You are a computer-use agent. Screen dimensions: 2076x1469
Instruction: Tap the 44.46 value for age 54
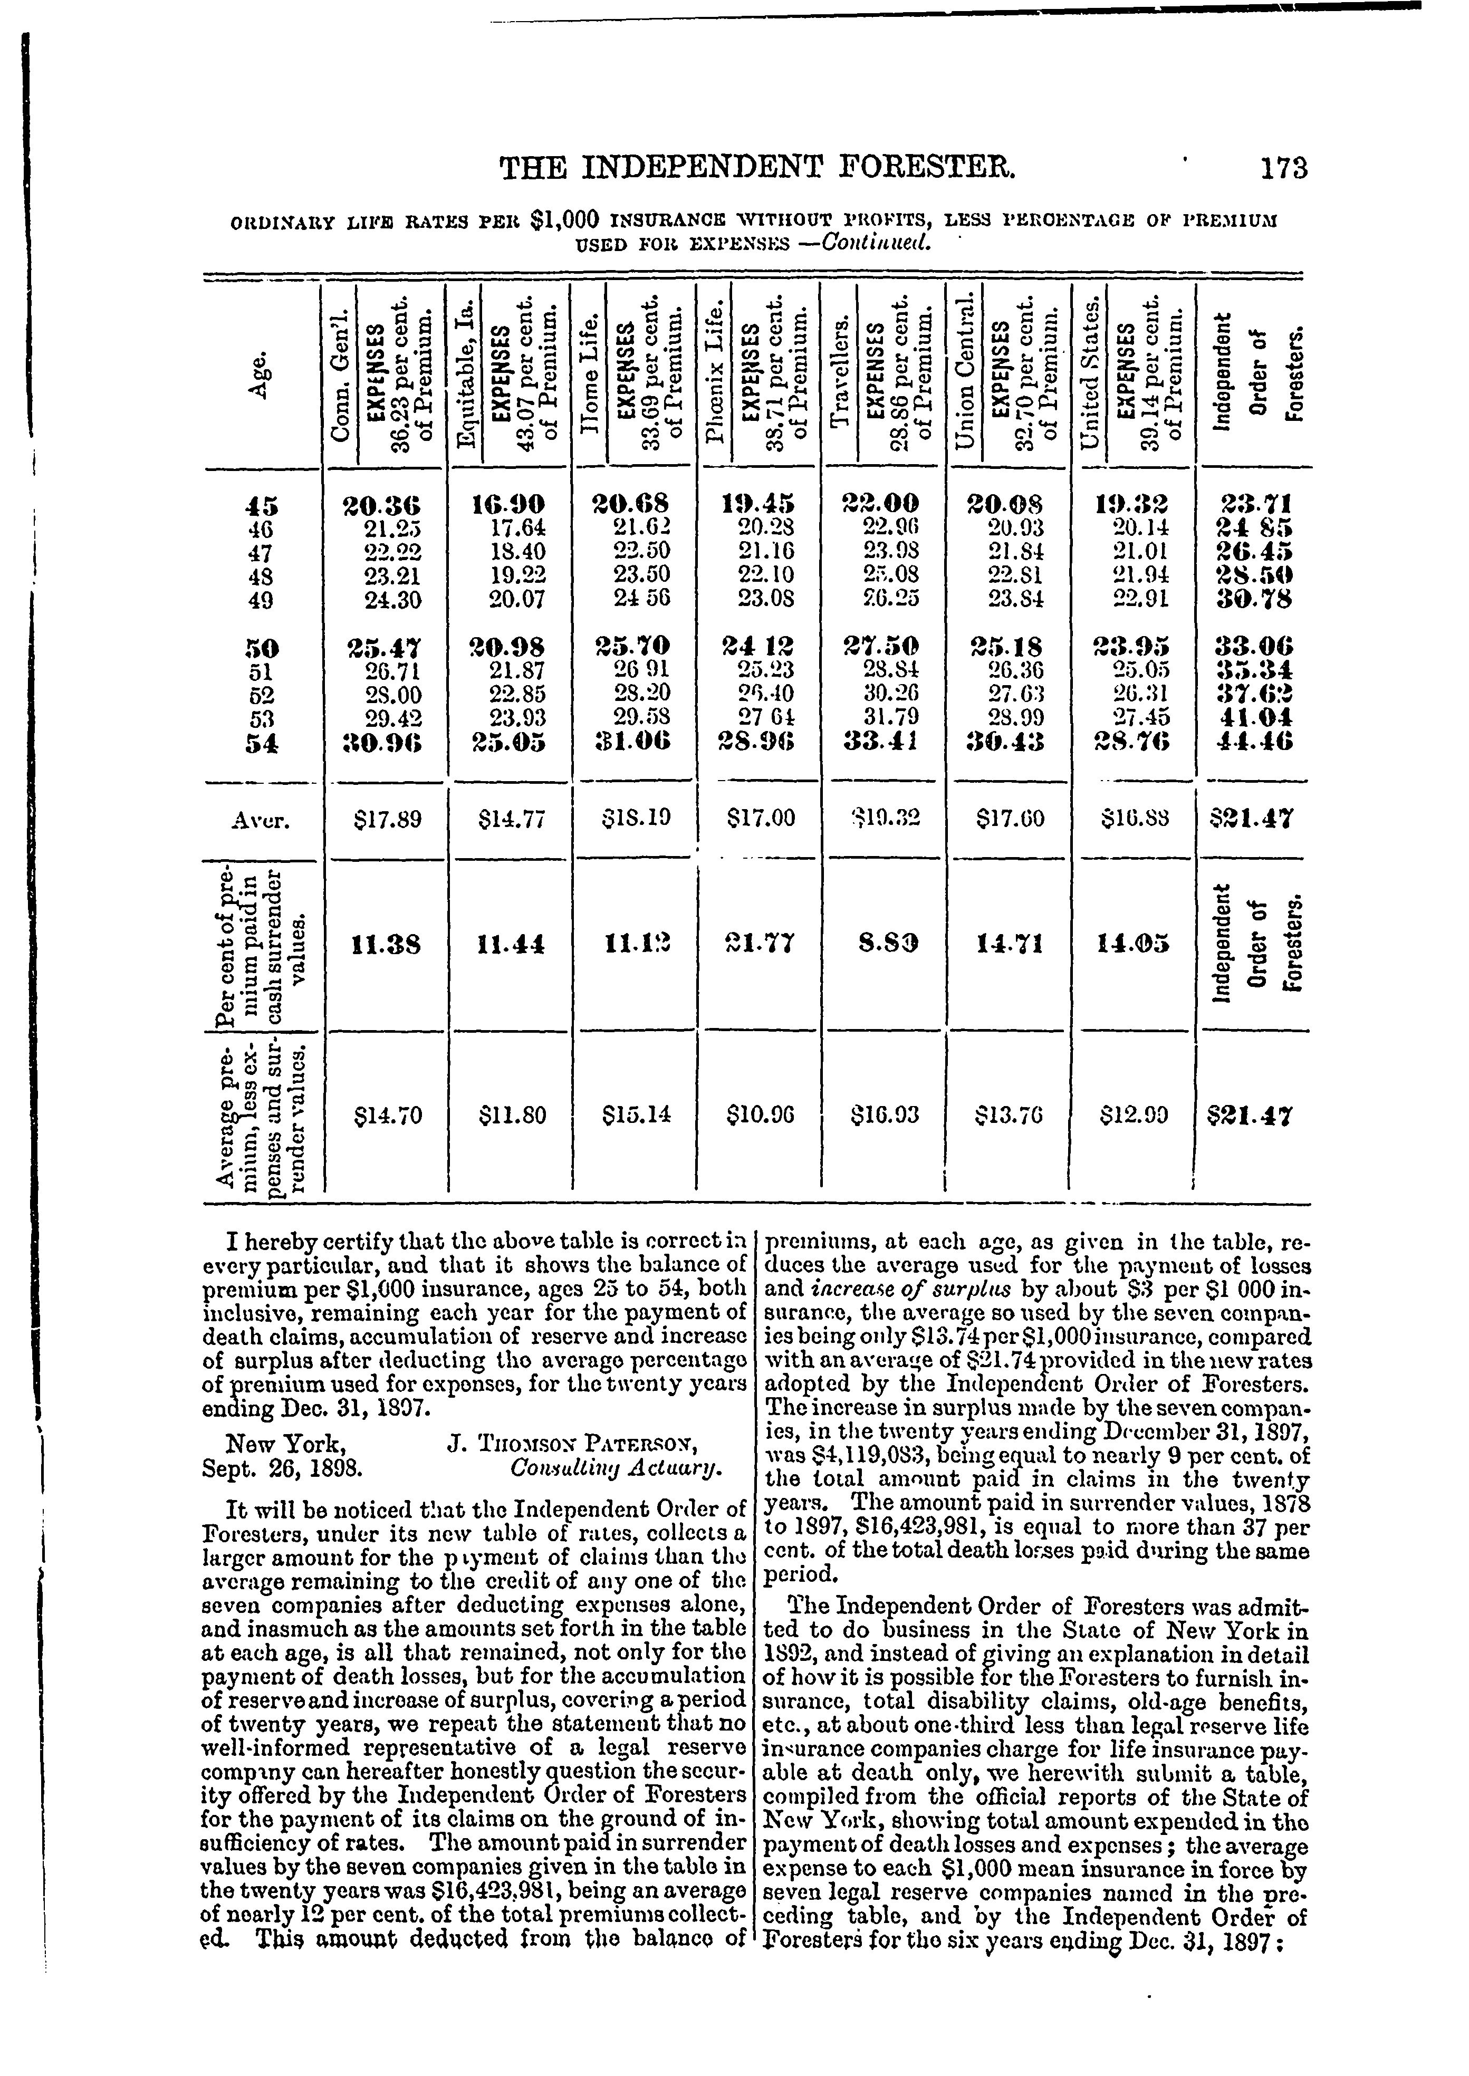point(1255,742)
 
